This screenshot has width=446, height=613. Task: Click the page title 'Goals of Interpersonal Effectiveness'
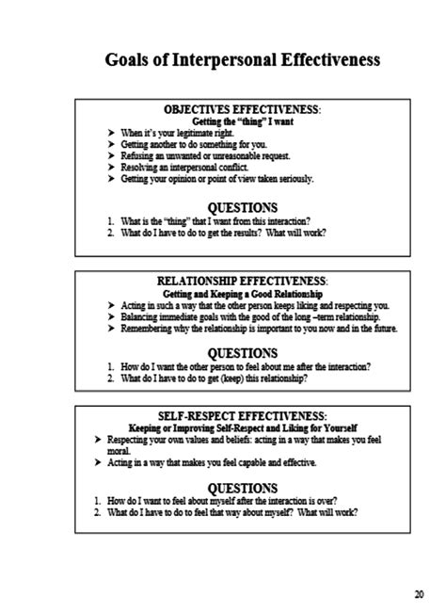tap(244, 60)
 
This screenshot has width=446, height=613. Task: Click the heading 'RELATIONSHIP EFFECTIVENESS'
tap(243, 280)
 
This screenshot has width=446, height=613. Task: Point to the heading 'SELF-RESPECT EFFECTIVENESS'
tap(243, 415)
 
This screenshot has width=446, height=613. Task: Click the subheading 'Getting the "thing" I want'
tap(243, 121)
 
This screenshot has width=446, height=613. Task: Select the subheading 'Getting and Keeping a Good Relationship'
tap(243, 293)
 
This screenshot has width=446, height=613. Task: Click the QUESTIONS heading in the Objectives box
tap(243, 207)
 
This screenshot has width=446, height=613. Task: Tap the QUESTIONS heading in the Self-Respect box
tap(243, 488)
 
